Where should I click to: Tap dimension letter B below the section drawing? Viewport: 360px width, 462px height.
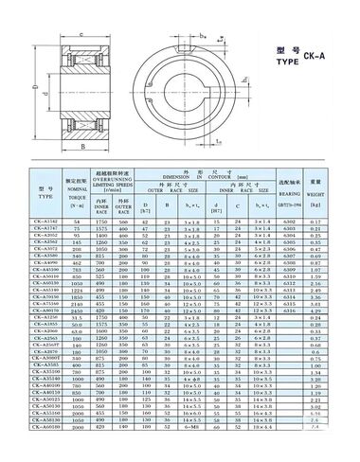pyautogui.click(x=83, y=149)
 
